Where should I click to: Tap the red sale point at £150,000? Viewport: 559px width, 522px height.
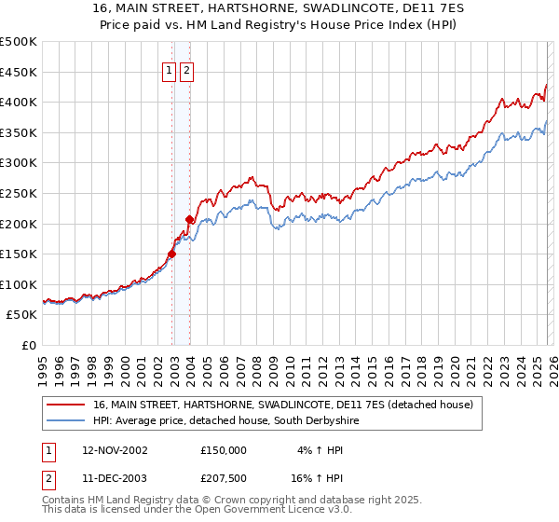[x=172, y=254]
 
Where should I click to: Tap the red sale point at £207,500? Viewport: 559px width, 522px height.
[x=190, y=219]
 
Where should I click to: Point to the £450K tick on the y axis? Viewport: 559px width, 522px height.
[x=19, y=72]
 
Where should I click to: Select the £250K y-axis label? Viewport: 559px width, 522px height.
[x=19, y=193]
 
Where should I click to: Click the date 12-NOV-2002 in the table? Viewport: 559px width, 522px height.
[x=115, y=450]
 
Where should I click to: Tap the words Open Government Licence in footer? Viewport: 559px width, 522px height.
[x=262, y=510]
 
